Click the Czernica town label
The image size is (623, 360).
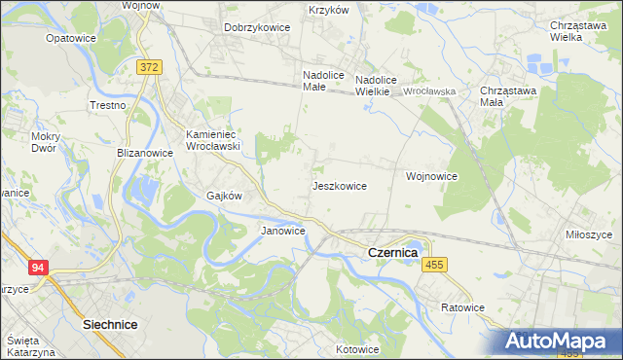[393, 252]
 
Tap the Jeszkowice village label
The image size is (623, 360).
[339, 185]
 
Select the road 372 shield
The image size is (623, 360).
[149, 66]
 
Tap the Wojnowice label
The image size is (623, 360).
[431, 176]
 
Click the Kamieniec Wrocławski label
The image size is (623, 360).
[213, 139]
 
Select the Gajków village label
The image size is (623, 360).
[223, 195]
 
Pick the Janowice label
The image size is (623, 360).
[283, 231]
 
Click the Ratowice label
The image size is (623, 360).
[461, 307]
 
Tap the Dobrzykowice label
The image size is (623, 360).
[257, 27]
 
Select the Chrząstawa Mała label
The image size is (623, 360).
[503, 96]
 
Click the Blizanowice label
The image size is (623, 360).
[144, 153]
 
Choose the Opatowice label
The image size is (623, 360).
[69, 38]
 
